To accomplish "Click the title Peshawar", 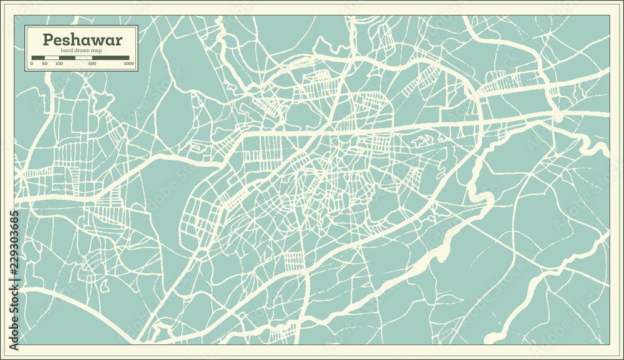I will click(x=82, y=40).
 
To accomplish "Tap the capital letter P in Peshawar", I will click(x=47, y=40).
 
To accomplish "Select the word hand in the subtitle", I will click(x=67, y=50).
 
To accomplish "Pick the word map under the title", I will click(x=97, y=50).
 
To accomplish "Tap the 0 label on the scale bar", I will click(x=32, y=64).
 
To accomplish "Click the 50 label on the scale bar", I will click(x=45, y=64).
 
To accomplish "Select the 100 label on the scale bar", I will click(x=59, y=64).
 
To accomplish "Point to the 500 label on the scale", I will click(x=92, y=64).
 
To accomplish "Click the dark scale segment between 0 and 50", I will click(x=38, y=57).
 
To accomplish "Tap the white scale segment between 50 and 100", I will click(x=51, y=57).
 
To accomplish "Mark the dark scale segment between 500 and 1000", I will click(x=111, y=57).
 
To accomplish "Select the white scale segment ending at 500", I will click(x=84, y=57).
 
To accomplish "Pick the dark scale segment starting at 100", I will click(x=67, y=57).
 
